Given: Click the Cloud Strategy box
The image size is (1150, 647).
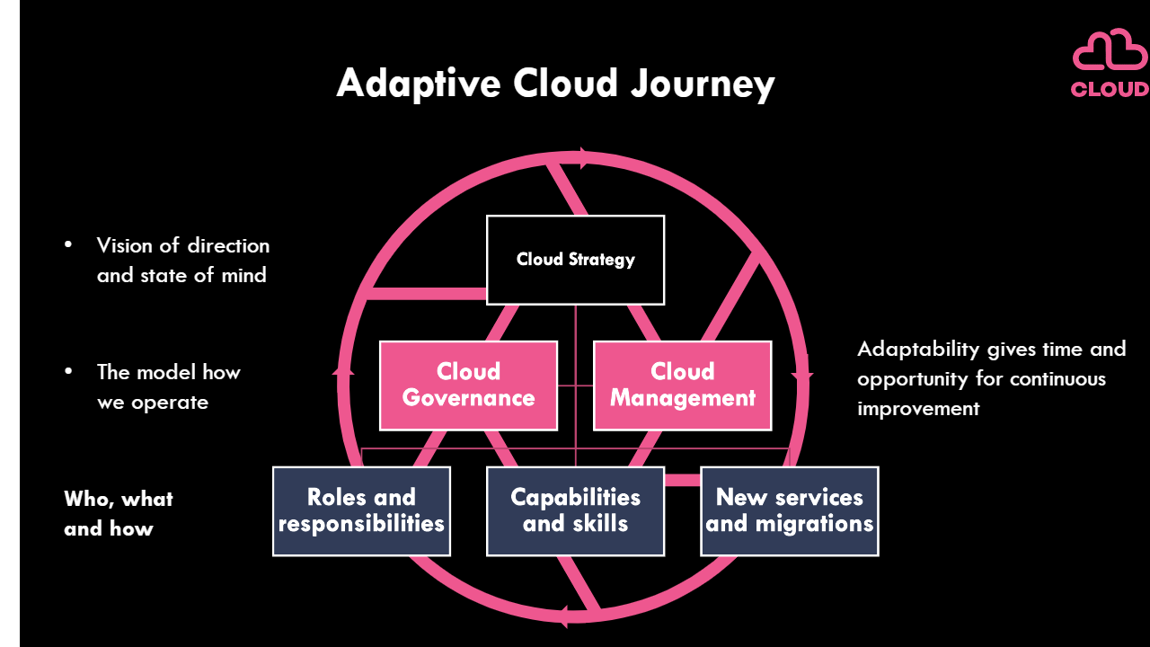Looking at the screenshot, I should pos(575,260).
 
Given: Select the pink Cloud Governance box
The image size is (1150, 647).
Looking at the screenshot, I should pos(468,385).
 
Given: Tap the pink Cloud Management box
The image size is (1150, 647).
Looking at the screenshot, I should pos(682,385).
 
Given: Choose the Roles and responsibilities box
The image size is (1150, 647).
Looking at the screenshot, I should pos(361,510).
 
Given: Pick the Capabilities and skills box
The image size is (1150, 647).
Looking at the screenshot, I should pos(575,510).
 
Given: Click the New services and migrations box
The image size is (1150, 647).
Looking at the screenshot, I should pos(789,510).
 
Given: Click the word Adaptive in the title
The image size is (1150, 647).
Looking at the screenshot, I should pos(418,84).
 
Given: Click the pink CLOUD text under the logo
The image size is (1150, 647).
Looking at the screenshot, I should pos(1110,89).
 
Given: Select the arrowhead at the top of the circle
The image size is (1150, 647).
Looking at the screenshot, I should pos(585,158).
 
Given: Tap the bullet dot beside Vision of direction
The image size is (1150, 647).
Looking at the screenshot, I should pos(67,245).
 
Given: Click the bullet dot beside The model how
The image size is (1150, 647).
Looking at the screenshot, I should pos(67,372).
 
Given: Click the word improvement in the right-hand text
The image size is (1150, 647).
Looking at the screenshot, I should pos(918,409).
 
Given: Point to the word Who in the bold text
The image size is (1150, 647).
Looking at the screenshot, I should pos(86,499).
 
